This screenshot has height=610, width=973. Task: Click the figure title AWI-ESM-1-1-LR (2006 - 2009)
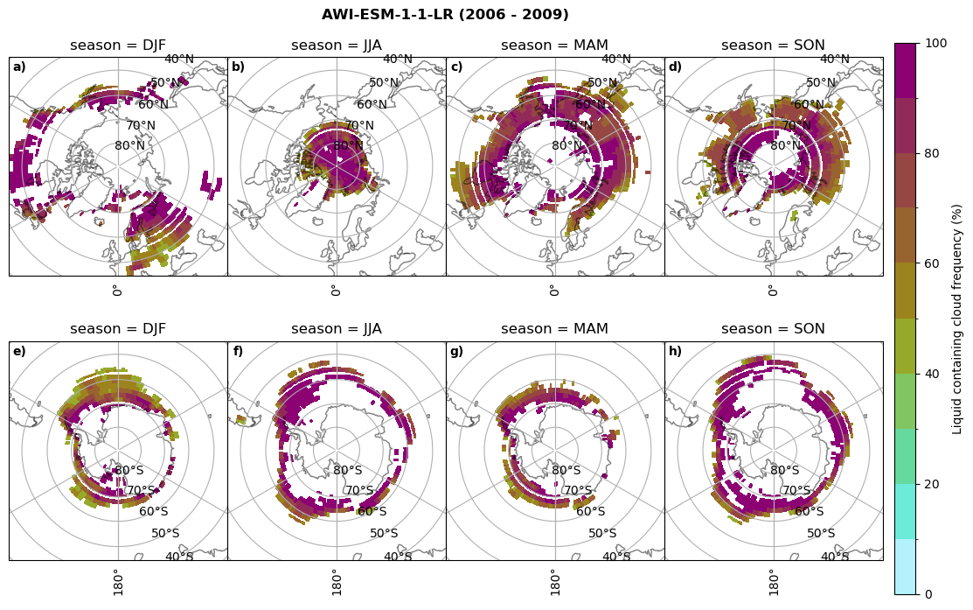coord(445,15)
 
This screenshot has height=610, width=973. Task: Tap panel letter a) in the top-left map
coord(19,67)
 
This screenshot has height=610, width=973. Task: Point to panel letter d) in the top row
coord(675,67)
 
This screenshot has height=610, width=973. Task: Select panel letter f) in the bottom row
coord(238,352)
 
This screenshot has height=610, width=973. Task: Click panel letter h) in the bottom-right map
coord(675,352)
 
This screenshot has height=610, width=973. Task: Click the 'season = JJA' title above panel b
coord(337,46)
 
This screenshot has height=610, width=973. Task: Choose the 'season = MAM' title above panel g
coord(554,329)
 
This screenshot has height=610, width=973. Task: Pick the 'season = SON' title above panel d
coord(773,46)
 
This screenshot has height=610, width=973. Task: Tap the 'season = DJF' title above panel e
coord(118,329)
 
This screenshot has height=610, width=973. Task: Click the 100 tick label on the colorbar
coord(936,44)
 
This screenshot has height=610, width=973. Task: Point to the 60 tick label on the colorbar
coord(933,264)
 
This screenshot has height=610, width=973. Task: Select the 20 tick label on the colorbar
coord(933,485)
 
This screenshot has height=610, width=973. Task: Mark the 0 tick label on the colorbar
coord(928,595)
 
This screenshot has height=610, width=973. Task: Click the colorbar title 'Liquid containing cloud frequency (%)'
coord(957,319)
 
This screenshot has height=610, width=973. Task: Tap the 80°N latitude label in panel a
coord(130,146)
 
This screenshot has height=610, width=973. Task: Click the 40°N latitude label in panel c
coord(616,60)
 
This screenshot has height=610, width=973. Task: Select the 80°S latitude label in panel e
coord(130,471)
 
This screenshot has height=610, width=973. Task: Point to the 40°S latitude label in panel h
coord(835,557)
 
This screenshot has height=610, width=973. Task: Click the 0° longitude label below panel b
coord(336,290)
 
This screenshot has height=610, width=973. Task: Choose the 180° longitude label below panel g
coord(554,582)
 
